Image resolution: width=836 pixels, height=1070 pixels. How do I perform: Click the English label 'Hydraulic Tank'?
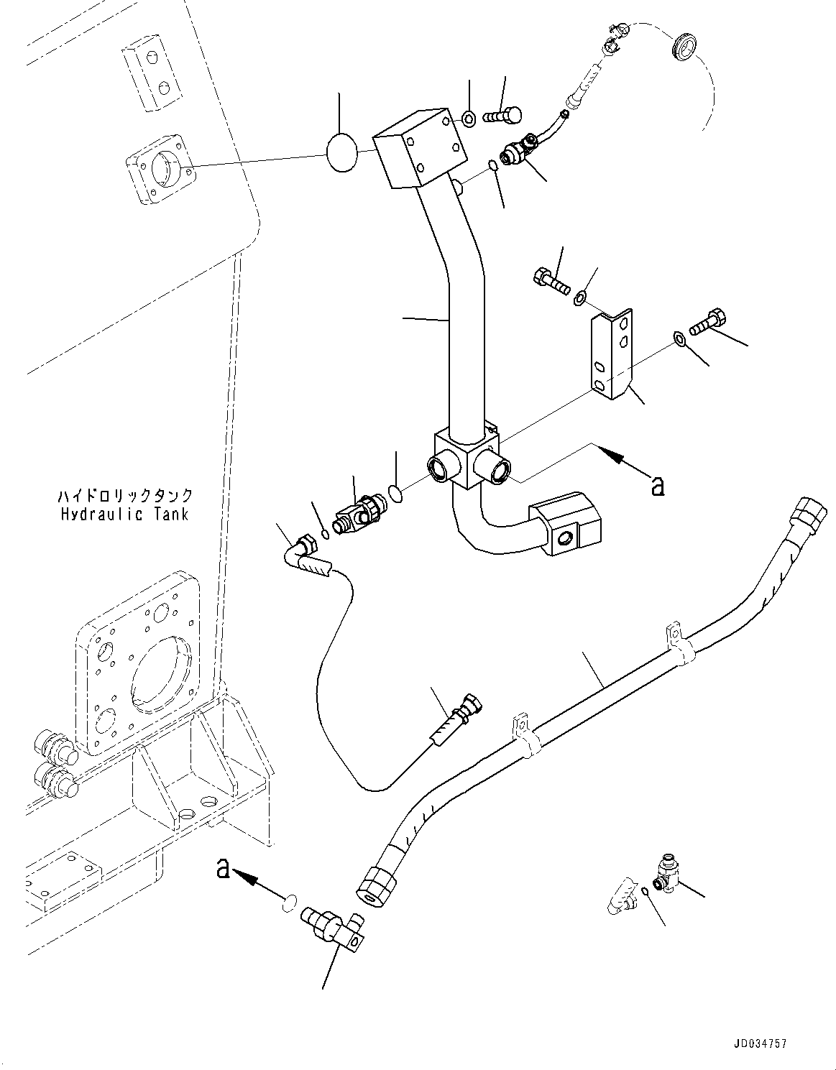[x=124, y=515]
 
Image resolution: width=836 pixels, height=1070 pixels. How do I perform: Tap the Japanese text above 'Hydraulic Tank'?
[x=124, y=496]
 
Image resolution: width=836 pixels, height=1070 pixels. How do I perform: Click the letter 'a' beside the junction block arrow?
[x=656, y=486]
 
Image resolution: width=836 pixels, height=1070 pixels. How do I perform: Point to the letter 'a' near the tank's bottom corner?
[x=224, y=870]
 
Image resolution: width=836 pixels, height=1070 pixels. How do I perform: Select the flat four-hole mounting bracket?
[x=612, y=354]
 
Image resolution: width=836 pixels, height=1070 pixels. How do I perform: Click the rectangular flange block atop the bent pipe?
[x=418, y=149]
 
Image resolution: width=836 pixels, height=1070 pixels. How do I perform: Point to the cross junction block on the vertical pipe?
[x=465, y=460]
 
